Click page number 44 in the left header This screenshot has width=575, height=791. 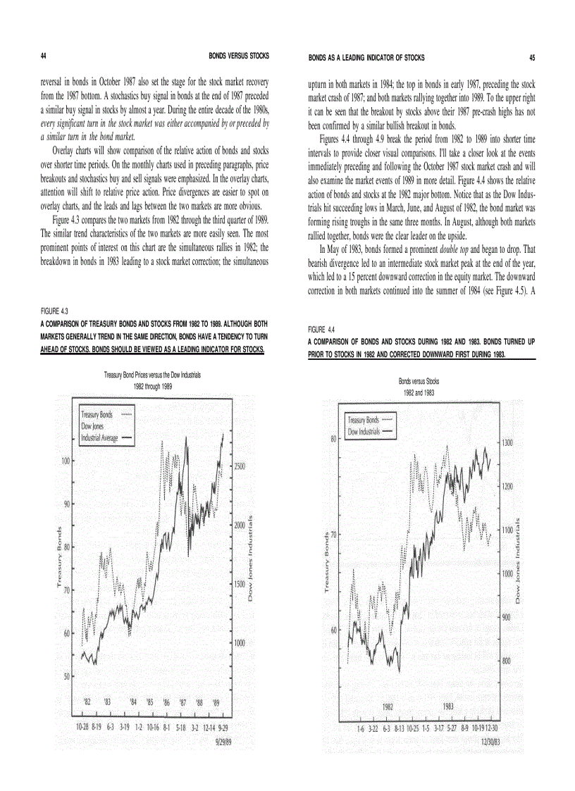43,56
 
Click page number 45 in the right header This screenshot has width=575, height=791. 531,56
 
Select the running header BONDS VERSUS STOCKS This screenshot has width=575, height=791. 240,56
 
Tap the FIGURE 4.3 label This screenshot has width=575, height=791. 55,309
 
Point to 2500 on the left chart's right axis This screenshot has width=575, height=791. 244,466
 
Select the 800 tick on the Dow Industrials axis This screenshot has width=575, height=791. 507,661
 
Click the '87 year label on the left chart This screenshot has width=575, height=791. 183,702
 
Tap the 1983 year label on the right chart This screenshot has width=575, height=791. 453,706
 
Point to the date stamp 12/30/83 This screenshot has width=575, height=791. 490,742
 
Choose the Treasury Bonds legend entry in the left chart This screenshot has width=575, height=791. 106,415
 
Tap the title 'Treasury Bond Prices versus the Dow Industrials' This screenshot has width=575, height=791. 152,375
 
